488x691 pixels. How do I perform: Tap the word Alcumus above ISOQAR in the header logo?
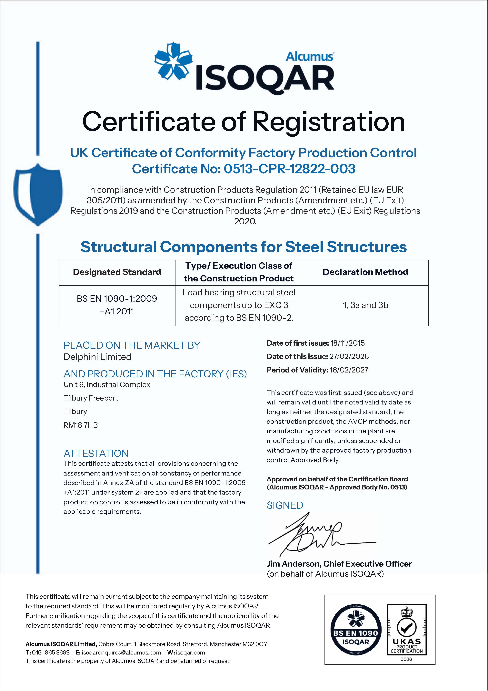pyautogui.click(x=309, y=56)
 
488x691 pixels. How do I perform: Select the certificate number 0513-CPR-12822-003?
pyautogui.click(x=289, y=169)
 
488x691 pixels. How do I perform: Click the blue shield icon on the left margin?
pyautogui.click(x=38, y=194)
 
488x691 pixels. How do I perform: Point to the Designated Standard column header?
pyautogui.click(x=117, y=272)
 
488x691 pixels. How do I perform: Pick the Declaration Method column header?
pyautogui.click(x=365, y=272)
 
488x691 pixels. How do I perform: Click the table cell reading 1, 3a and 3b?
pyautogui.click(x=365, y=305)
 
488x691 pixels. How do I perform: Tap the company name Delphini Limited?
pyautogui.click(x=97, y=357)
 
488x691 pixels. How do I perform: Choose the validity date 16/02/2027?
pyautogui.click(x=349, y=370)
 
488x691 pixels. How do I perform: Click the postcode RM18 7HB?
pyautogui.click(x=81, y=425)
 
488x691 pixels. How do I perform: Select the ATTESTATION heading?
pyautogui.click(x=96, y=453)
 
